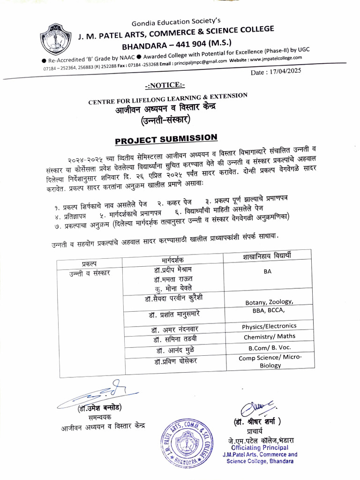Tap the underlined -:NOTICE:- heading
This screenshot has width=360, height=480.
pos(165,85)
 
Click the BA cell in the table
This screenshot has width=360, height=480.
pos(267,272)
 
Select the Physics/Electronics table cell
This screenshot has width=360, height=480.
pos(269,326)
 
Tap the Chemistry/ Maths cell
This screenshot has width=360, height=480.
pos(269,337)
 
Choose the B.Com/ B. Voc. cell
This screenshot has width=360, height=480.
pos(269,348)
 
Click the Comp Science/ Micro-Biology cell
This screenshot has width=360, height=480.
pos(270,361)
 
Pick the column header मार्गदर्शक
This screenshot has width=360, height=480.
pos(170,260)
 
